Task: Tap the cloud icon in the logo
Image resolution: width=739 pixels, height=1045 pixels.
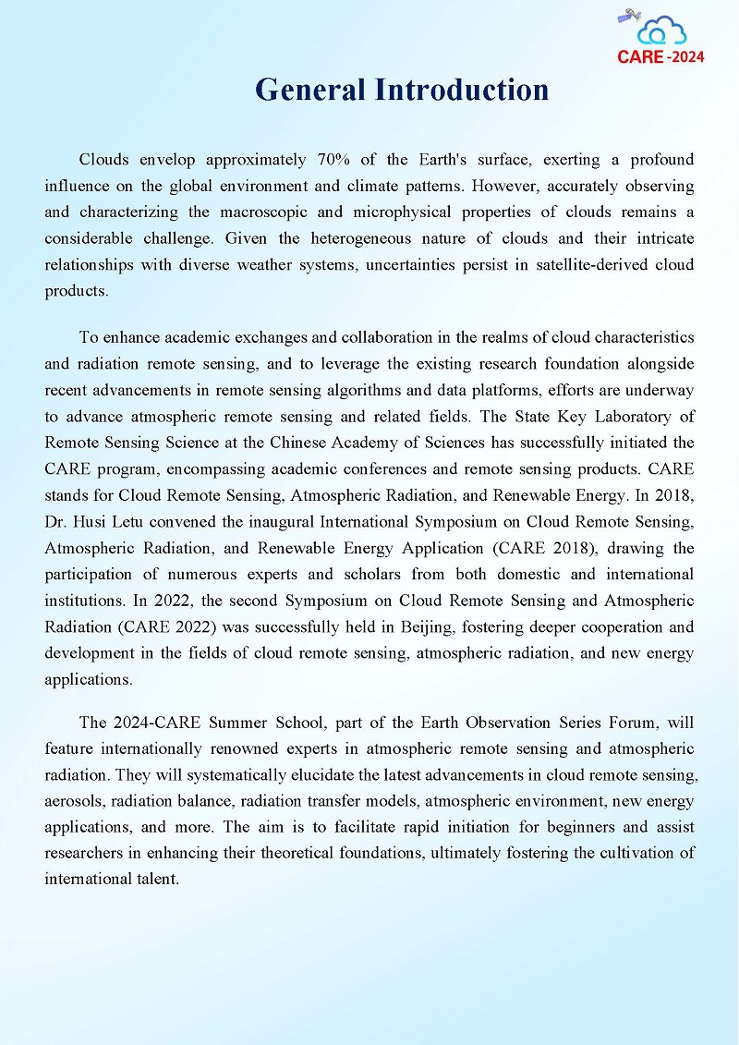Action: point(662,30)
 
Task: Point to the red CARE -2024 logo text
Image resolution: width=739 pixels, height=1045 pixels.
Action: point(660,56)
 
